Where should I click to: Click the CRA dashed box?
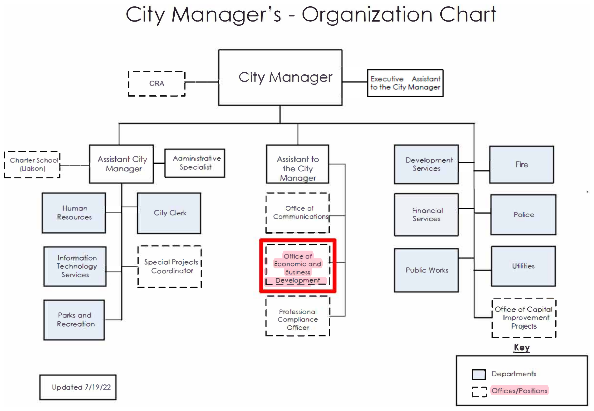[x=157, y=84]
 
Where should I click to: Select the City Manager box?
[x=280, y=77]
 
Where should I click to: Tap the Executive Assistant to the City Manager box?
[x=405, y=83]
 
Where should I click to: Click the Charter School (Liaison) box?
[x=32, y=165]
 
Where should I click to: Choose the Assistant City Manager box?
[x=121, y=164]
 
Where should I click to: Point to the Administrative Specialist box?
[x=195, y=163]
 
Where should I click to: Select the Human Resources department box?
[x=74, y=213]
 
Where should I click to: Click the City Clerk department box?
[x=169, y=213]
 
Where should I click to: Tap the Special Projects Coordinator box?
[x=170, y=266]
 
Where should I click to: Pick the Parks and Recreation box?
[x=74, y=320]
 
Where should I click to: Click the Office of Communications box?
[x=298, y=213]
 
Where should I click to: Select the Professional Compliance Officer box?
[x=298, y=316]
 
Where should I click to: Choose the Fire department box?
[x=521, y=165]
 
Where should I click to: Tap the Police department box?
[x=523, y=214]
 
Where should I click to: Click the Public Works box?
[x=426, y=270]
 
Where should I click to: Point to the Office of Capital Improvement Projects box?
[x=524, y=318]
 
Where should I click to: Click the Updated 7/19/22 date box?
[x=78, y=387]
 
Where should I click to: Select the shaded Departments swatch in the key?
[x=478, y=374]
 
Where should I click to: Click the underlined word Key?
[x=522, y=347]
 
